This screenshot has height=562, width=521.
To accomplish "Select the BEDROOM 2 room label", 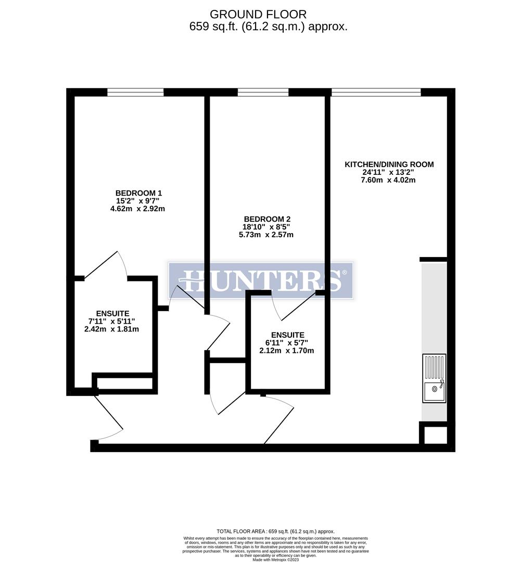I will click(x=262, y=219).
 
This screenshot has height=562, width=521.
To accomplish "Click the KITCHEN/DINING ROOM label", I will click(x=389, y=164).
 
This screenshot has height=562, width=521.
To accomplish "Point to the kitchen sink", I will click(x=434, y=378).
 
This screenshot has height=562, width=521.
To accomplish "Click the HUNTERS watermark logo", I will click(x=261, y=280).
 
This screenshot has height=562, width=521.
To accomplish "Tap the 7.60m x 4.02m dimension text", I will click(x=389, y=181).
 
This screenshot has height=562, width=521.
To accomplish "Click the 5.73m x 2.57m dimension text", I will click(x=262, y=235).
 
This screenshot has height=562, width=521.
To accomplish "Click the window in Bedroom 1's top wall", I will click(x=135, y=93).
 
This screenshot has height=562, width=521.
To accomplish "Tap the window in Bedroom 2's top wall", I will click(x=263, y=93).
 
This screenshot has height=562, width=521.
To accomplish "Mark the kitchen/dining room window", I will click(x=376, y=93).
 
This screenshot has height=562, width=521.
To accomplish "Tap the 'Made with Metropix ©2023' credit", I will click(x=276, y=560).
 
